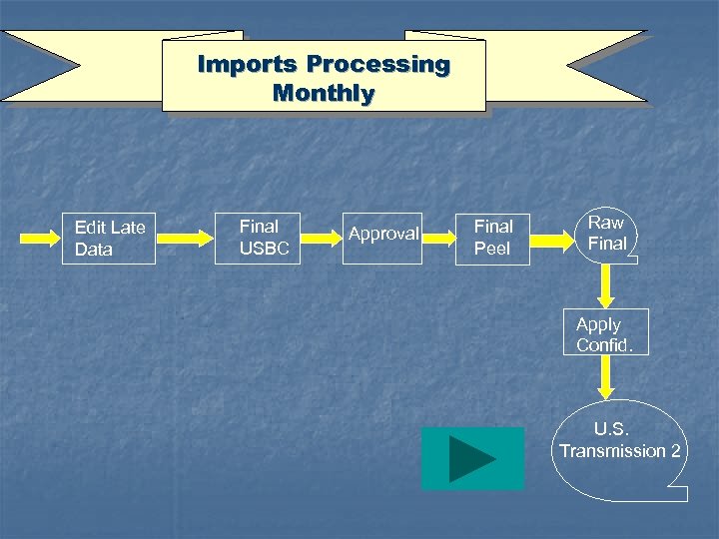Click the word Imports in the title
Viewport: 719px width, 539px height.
[247, 65]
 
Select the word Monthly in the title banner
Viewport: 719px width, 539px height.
[323, 95]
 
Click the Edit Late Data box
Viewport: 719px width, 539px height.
[109, 239]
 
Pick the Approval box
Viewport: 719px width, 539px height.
[382, 235]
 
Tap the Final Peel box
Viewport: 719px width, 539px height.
[492, 238]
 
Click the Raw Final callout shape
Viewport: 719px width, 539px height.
[607, 234]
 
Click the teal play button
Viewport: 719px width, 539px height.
[472, 458]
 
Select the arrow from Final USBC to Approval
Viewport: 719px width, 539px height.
[322, 239]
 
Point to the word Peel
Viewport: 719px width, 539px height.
[491, 249]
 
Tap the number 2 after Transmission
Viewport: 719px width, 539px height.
[675, 451]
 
